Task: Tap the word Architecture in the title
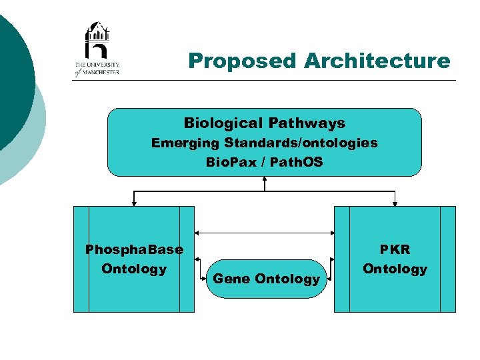(377, 61)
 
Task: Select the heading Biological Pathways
(265, 123)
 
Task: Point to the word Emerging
(185, 143)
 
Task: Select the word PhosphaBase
(134, 250)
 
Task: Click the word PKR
(395, 250)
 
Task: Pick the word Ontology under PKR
(395, 269)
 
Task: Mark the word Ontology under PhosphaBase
(134, 269)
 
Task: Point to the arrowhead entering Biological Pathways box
(265, 179)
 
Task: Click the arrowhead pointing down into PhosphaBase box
(134, 202)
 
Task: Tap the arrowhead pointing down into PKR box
(395, 202)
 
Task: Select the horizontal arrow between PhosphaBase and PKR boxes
(265, 233)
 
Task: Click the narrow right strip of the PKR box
(448, 259)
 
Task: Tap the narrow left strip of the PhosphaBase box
(81, 259)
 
